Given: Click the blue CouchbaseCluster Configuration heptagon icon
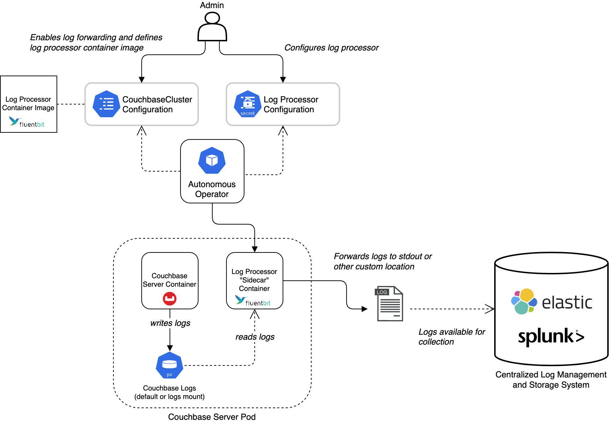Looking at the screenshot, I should [x=106, y=104].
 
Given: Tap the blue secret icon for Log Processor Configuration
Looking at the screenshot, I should [x=248, y=104].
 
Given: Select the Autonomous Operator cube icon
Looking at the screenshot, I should [x=212, y=161].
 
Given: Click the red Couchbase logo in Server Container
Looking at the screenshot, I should [x=170, y=299].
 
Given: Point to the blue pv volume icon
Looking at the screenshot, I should [x=170, y=365].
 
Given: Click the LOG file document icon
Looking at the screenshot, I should [x=389, y=304].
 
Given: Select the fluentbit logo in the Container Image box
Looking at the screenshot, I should [x=27, y=123].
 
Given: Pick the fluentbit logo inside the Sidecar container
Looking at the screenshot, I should [x=253, y=301].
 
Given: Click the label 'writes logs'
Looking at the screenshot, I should [x=170, y=323].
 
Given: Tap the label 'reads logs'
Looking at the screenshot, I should [x=255, y=337].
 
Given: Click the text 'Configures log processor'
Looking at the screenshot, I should [x=331, y=48].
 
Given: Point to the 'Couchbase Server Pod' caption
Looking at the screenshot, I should [x=212, y=417].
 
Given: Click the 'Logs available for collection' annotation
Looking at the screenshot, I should [x=451, y=337].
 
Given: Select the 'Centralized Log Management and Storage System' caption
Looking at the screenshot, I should [x=551, y=380].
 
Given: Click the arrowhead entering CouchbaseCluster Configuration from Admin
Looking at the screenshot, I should [x=142, y=80].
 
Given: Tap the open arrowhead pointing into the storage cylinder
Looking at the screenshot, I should [x=490, y=309].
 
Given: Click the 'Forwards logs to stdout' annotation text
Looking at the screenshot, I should [x=383, y=261].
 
